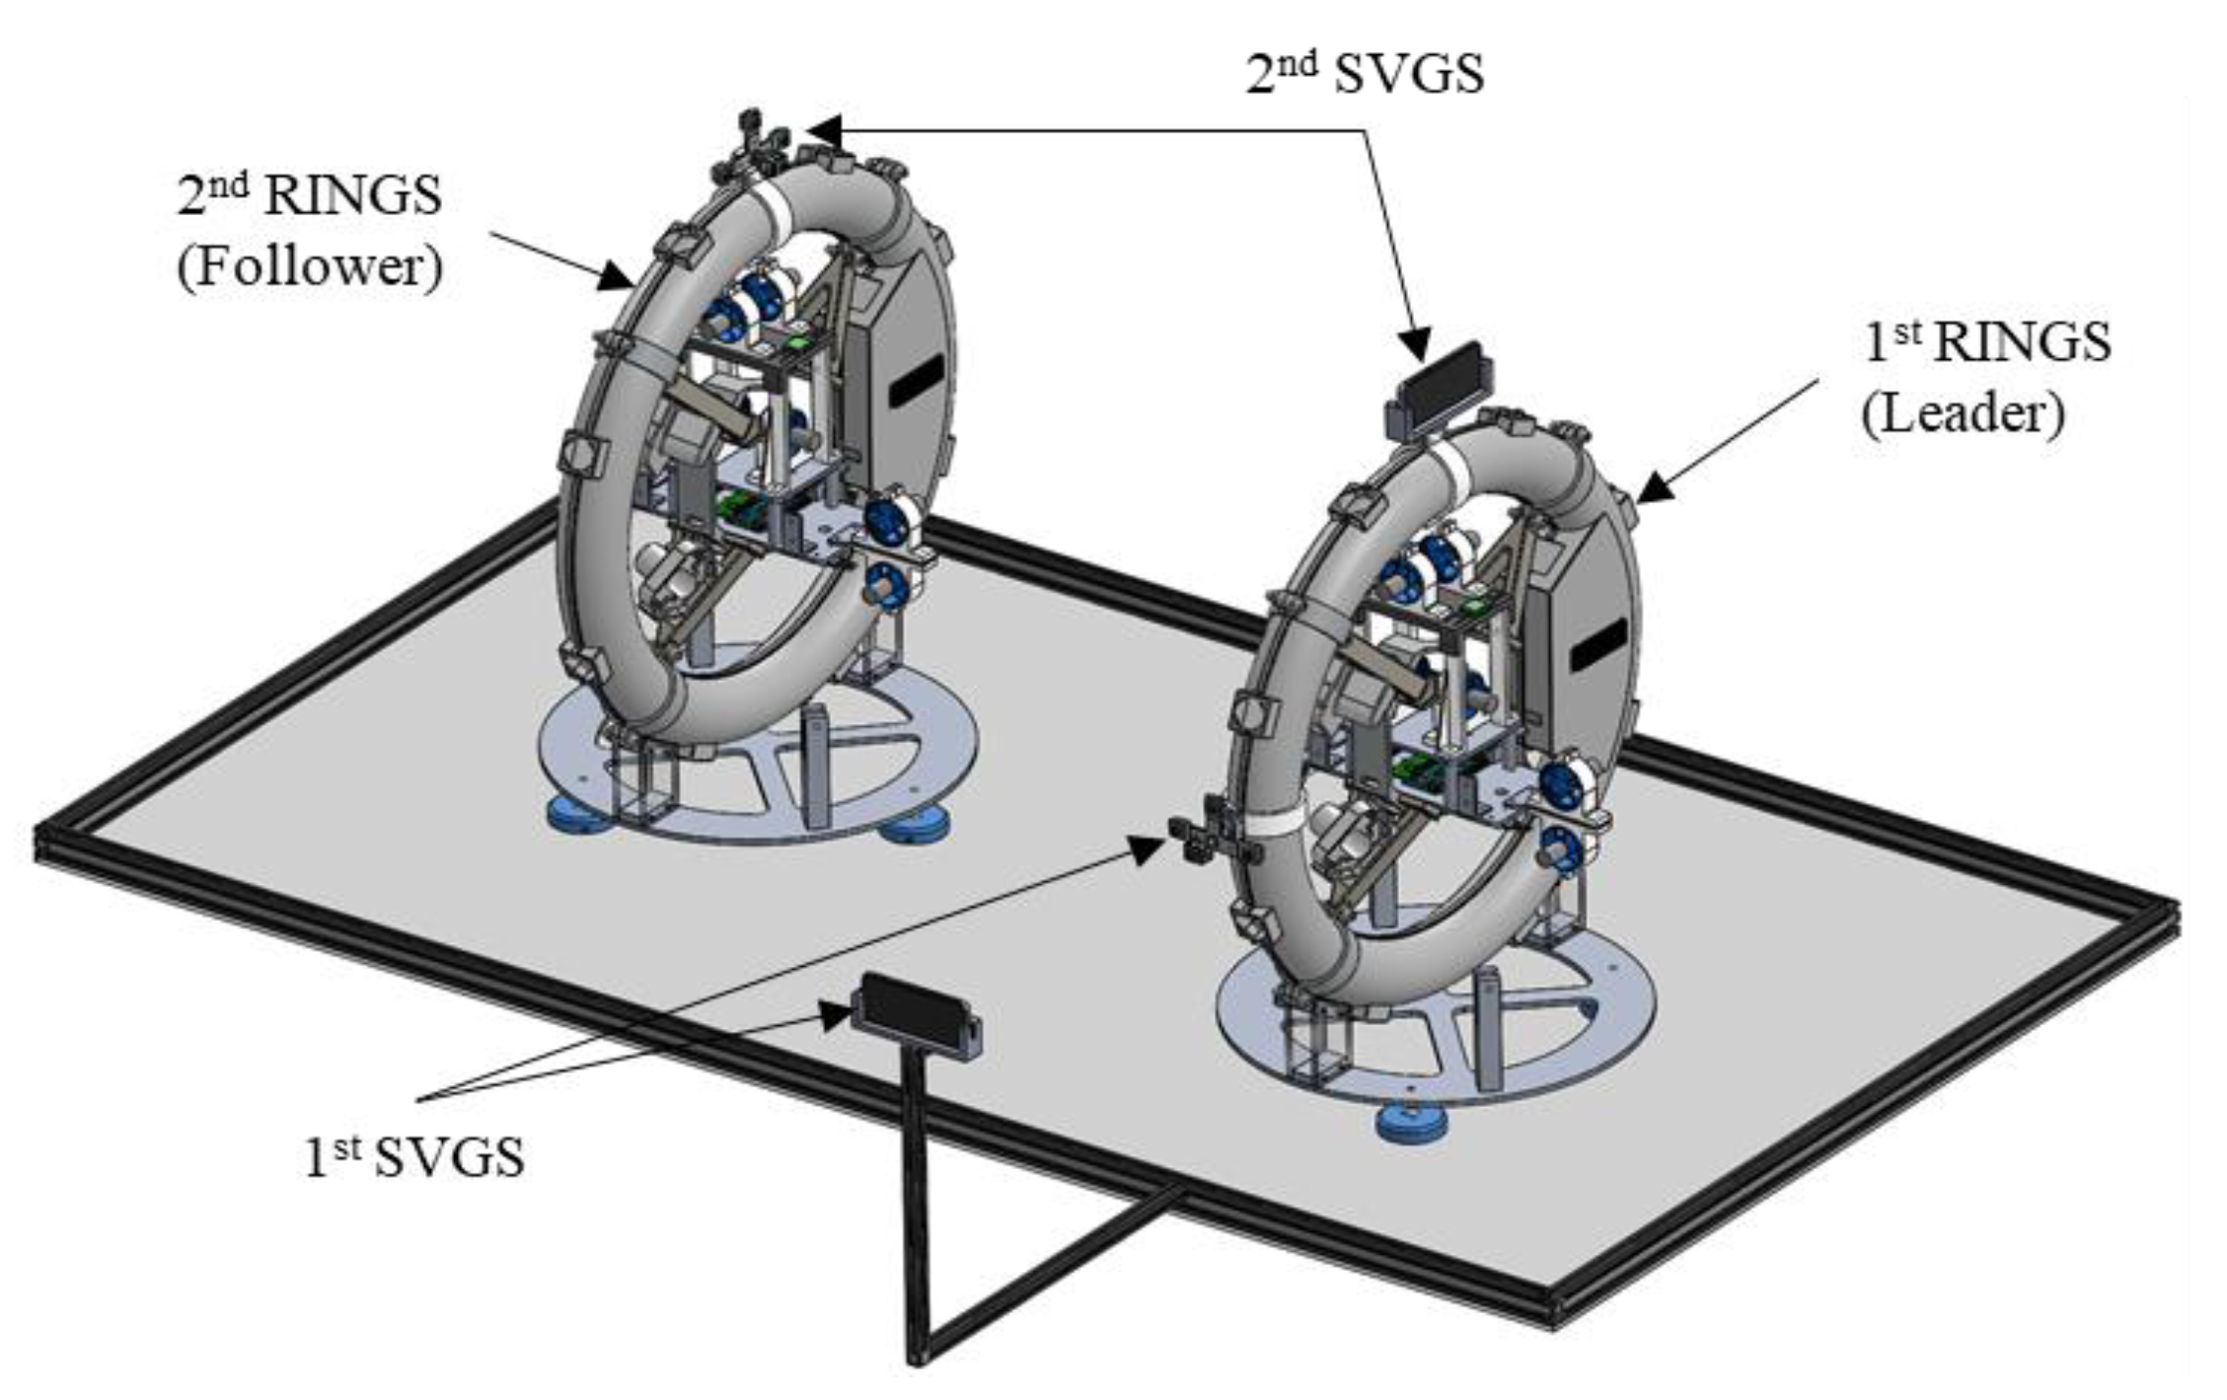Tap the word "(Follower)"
pos(310,266)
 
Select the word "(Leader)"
pos(1963,413)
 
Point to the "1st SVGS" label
pos(413,1156)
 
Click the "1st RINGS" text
pos(1987,342)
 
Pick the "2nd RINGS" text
pos(309,195)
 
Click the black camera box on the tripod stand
pos(916,1015)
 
